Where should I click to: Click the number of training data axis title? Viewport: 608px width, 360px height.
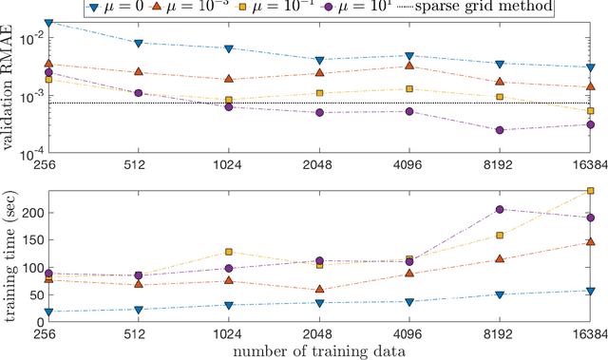[319, 351]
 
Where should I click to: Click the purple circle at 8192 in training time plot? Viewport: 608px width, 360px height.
[500, 209]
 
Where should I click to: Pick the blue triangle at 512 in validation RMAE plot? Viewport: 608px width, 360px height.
[140, 44]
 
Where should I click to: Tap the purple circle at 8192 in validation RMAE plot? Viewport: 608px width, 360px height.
[500, 130]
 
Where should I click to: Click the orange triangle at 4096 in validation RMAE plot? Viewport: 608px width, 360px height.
[409, 66]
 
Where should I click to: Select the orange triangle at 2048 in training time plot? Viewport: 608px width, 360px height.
[319, 290]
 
